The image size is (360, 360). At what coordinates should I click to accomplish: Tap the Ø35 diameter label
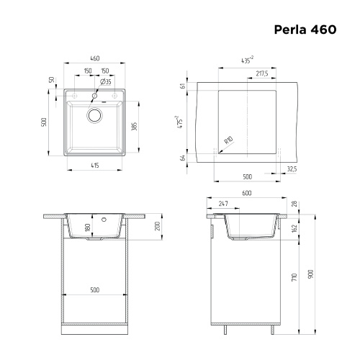pyautogui.click(x=107, y=81)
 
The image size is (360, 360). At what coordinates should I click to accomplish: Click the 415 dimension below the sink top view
pyautogui.click(x=94, y=165)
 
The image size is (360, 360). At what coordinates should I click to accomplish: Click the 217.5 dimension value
pyautogui.click(x=261, y=73)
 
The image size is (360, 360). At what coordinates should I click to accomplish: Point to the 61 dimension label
pyautogui.click(x=184, y=86)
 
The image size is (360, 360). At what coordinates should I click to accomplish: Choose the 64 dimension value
pyautogui.click(x=184, y=156)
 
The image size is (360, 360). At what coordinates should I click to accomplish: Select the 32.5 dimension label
pyautogui.click(x=290, y=169)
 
